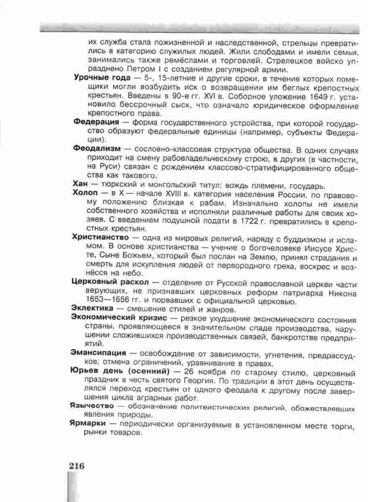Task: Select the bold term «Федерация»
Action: [x=96, y=122]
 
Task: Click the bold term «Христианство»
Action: [x=101, y=237]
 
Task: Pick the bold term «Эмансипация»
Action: [x=98, y=354]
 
